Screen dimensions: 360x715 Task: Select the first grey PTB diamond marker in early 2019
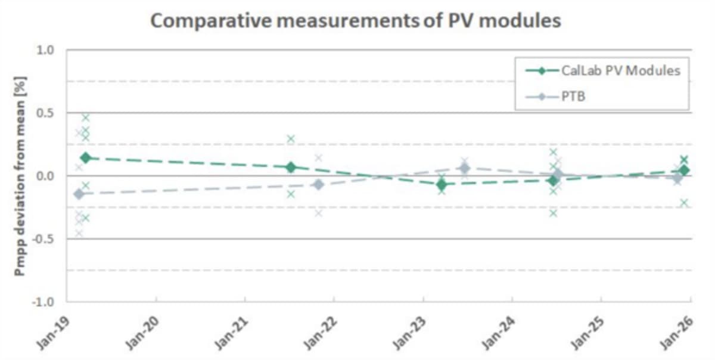(78, 194)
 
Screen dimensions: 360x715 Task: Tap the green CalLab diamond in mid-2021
(291, 167)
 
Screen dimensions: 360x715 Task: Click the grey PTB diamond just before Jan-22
(319, 185)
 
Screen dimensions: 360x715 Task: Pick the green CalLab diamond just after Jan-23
(442, 184)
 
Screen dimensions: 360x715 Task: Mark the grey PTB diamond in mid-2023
(465, 168)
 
